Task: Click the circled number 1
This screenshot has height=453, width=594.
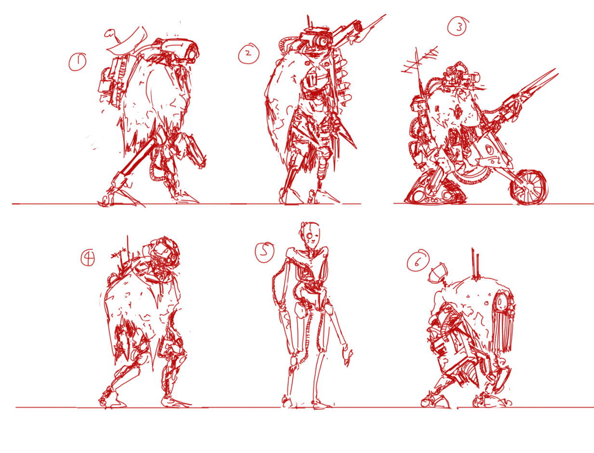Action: point(78,62)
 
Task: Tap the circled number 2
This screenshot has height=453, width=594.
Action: point(249,53)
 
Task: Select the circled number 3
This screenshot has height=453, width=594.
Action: point(457,26)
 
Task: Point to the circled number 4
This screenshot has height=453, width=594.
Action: point(88,258)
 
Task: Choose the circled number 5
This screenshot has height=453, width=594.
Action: point(264,252)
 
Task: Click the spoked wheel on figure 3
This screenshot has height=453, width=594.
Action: point(528,188)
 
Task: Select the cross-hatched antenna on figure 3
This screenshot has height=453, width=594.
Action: point(419,65)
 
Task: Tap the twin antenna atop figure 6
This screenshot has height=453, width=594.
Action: point(475,264)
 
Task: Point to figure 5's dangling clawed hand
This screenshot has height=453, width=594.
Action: point(348,356)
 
